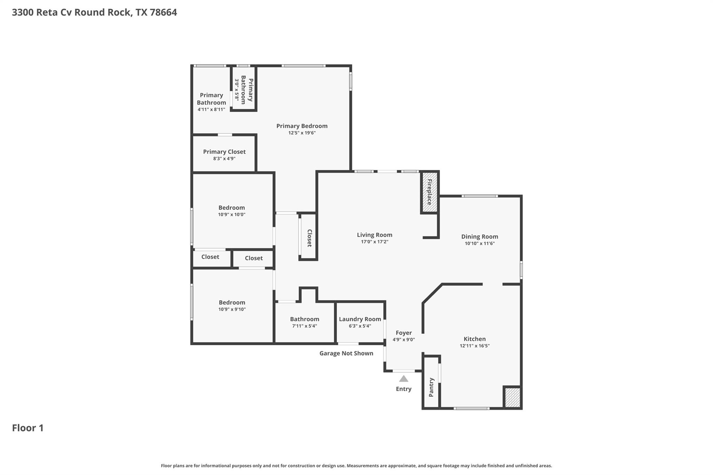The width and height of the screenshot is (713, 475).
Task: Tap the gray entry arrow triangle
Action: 403,379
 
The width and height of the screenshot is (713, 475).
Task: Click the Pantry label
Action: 431,387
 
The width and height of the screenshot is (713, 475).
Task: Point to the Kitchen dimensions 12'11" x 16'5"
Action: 475,346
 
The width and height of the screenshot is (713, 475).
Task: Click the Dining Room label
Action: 479,237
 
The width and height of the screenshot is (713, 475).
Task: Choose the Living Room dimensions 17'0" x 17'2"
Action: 374,242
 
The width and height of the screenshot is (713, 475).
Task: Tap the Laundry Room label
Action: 360,319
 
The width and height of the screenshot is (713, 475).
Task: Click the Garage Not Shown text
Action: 346,354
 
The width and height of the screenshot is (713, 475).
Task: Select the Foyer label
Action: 403,333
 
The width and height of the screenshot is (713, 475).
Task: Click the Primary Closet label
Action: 224,152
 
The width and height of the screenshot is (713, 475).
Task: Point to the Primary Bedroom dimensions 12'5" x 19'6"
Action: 301,133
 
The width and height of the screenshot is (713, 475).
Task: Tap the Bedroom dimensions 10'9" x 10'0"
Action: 232,215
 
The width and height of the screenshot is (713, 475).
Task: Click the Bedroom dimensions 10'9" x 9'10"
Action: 232,309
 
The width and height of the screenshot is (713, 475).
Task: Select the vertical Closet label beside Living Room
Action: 309,238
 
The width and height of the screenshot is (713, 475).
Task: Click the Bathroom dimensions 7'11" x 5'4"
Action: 304,326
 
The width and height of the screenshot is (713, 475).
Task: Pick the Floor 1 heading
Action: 28,428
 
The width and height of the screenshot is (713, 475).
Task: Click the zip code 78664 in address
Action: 163,13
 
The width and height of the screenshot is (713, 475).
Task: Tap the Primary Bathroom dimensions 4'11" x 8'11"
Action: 211,110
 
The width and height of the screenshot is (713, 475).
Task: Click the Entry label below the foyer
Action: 403,389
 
